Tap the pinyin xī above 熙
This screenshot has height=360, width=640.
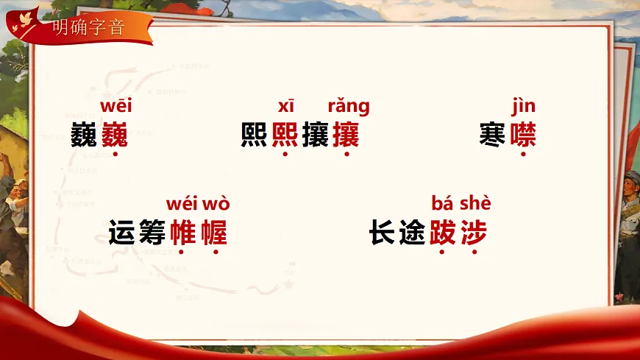coord(285,107)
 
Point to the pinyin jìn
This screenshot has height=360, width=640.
coord(523,107)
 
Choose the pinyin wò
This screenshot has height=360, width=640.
coord(216,203)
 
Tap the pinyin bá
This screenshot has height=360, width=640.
coord(441,203)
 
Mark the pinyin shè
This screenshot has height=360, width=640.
coord(475,203)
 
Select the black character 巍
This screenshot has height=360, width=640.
coord(85,135)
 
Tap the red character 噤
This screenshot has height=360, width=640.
coord(523,135)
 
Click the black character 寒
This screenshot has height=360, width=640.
coord(492,135)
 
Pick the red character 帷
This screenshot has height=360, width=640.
coord(183,233)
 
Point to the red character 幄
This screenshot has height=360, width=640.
coord(214,233)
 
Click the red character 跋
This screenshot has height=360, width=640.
coord(443,233)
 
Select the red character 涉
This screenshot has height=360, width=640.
coord(474,233)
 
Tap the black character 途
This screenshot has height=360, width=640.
coord(413,233)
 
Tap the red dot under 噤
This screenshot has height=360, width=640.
coord(523,155)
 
